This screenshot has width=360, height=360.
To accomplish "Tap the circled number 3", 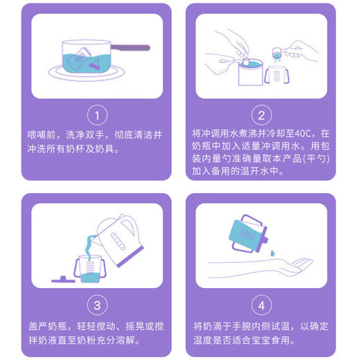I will (97, 304).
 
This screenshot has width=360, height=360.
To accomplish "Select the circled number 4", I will (261, 304).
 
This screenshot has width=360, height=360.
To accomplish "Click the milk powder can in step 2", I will (249, 71).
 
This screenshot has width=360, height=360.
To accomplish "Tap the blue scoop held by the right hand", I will (277, 53).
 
